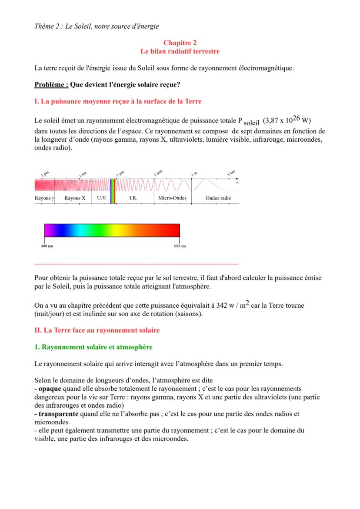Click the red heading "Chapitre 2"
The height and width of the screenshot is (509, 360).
coord(180,43)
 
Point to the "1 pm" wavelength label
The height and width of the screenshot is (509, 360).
coord(45,174)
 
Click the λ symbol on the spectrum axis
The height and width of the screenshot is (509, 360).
coord(237,183)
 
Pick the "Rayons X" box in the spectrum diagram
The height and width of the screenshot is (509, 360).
coord(75,198)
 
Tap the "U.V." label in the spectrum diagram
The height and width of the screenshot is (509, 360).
coord(102,198)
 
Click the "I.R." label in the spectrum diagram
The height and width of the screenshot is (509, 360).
coord(133,198)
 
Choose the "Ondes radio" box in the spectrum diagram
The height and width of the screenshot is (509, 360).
coord(218,198)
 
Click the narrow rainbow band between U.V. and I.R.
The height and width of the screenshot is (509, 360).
coord(113,191)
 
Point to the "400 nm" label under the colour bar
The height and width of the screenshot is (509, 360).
coord(45,246)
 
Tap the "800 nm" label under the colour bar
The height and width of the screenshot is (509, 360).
coord(180,246)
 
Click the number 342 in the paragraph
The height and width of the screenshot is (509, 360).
coord(222,306)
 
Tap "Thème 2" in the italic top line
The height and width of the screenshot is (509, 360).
coord(47,26)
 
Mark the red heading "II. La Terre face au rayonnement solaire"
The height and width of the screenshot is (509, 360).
coord(97,330)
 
